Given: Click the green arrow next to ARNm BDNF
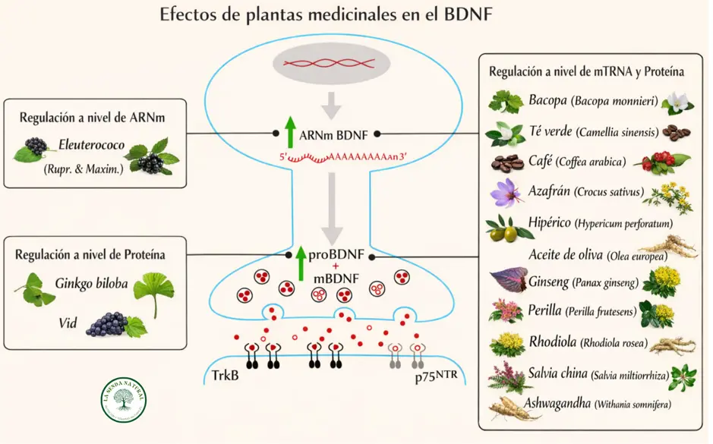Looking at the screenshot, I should click(x=289, y=133).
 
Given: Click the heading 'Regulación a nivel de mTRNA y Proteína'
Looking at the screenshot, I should click(x=587, y=71).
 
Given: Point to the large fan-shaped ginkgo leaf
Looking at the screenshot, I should click(x=153, y=291).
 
